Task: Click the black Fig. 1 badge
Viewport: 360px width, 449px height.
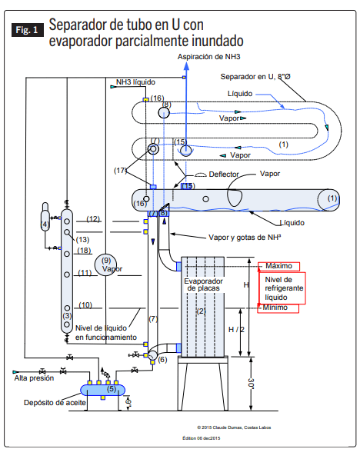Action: pyautogui.click(x=28, y=30)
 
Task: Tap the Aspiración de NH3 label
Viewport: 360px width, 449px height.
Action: pyautogui.click(x=208, y=57)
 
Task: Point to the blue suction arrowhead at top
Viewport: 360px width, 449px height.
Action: pyautogui.click(x=186, y=66)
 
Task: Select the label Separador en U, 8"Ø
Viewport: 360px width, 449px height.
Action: pyautogui.click(x=255, y=77)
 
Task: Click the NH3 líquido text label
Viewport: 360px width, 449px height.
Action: pyautogui.click(x=135, y=82)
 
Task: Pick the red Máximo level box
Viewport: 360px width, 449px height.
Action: pyautogui.click(x=279, y=266)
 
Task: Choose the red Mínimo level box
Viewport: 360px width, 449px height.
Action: pyautogui.click(x=278, y=308)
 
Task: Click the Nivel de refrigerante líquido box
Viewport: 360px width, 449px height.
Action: pyautogui.click(x=282, y=288)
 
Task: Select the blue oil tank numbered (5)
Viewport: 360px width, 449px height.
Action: pyautogui.click(x=102, y=390)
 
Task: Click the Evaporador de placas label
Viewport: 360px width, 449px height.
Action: pyautogui.click(x=203, y=284)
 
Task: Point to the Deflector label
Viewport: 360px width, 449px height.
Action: pyautogui.click(x=224, y=175)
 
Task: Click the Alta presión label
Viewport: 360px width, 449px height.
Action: pyautogui.click(x=34, y=378)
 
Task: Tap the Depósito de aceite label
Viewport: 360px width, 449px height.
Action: pyautogui.click(x=55, y=403)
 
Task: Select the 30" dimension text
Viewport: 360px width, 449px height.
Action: pyautogui.click(x=251, y=384)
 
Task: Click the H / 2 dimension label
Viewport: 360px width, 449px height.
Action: pyautogui.click(x=236, y=330)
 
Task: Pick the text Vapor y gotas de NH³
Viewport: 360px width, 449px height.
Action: pyautogui.click(x=245, y=238)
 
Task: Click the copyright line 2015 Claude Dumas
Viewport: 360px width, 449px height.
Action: pyautogui.click(x=234, y=427)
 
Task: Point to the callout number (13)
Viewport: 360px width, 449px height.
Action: pyautogui.click(x=83, y=240)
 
